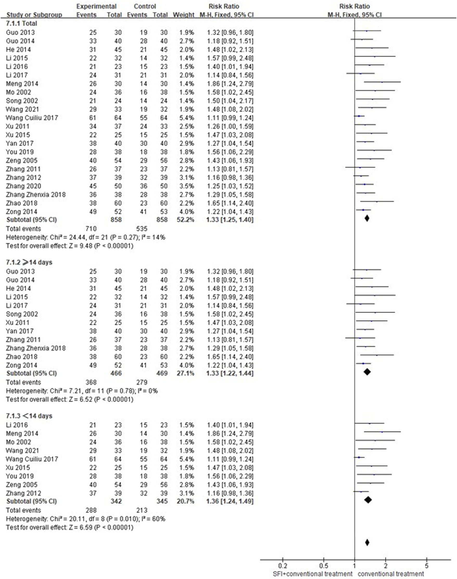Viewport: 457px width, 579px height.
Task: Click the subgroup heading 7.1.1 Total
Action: click(21, 23)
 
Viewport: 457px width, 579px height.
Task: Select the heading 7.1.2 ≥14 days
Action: click(29, 262)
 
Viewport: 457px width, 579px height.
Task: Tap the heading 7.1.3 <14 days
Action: click(29, 416)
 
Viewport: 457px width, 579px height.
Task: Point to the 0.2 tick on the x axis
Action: click(283, 566)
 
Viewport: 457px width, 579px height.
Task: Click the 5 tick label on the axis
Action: click(427, 566)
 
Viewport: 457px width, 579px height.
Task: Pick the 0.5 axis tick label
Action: click(323, 566)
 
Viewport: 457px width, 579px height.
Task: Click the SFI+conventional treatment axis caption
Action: click(312, 574)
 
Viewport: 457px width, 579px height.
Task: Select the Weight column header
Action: click(183, 15)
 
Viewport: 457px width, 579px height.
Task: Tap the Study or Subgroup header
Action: click(34, 15)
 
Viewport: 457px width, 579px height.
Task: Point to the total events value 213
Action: click(142, 510)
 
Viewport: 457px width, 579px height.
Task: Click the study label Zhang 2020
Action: click(23, 186)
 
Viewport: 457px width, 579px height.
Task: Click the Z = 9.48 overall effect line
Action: click(69, 246)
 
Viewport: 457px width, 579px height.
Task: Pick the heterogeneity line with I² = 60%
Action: click(86, 519)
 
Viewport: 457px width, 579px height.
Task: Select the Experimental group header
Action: click(96, 7)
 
